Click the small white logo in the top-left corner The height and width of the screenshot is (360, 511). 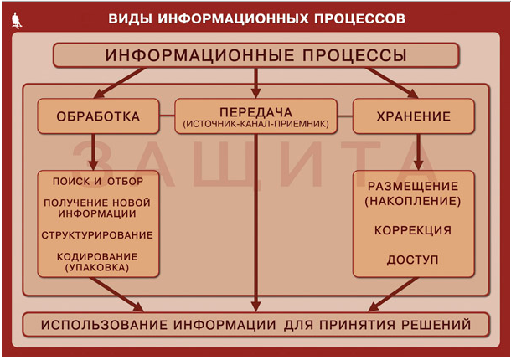pos(16,21)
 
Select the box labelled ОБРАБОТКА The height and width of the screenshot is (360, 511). pos(98,116)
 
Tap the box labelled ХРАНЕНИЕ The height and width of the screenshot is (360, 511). pos(414,116)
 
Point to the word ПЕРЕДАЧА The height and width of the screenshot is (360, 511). pos(255,112)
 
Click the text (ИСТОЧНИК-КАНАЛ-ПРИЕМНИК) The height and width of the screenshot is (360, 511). pos(255,124)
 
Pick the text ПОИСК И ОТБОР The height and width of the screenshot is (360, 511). pos(98,182)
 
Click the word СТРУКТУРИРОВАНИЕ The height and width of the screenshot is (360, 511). pos(97,235)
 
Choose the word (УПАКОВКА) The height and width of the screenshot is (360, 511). pos(97,268)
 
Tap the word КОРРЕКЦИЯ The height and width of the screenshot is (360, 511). pos(413,230)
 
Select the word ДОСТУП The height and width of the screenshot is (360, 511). pos(413,260)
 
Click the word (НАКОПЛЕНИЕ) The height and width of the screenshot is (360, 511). pos(413,201)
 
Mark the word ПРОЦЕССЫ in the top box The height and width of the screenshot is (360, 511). pos(354,55)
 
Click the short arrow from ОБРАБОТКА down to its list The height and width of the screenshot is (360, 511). pos(93,152)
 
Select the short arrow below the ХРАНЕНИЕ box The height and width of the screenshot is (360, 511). pos(418,152)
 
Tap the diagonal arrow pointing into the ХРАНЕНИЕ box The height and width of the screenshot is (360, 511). pos(391,83)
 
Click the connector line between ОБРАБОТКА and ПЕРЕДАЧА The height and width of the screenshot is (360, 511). pos(167,116)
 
